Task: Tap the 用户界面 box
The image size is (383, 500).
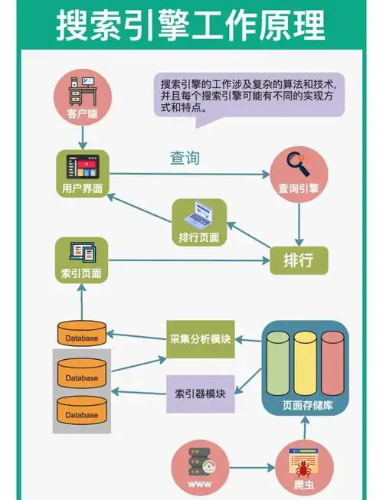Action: pyautogui.click(x=82, y=172)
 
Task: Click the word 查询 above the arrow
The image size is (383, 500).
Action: pyautogui.click(x=185, y=158)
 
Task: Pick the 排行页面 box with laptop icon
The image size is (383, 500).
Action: pyautogui.click(x=198, y=222)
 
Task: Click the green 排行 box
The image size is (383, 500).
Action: pyautogui.click(x=298, y=260)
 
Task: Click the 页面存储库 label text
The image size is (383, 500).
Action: pyautogui.click(x=306, y=406)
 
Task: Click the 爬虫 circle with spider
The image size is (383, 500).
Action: pyautogui.click(x=304, y=467)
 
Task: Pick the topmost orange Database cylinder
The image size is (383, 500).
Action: pyautogui.click(x=81, y=334)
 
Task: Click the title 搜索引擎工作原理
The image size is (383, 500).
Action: pyautogui.click(x=191, y=25)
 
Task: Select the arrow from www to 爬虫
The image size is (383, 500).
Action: pyautogui.click(x=251, y=466)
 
